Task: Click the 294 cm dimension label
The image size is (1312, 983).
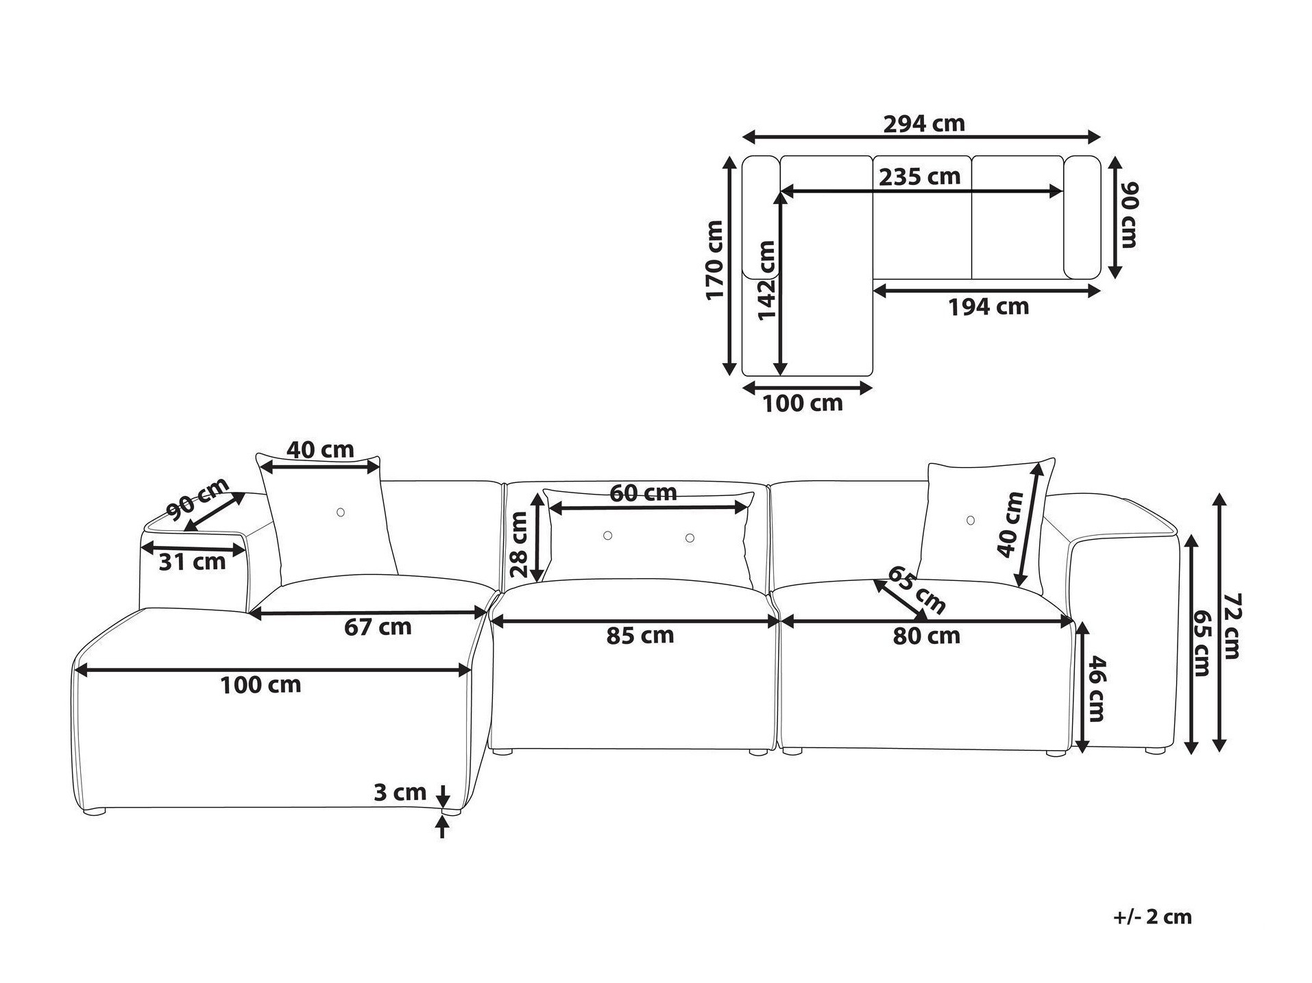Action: click(923, 124)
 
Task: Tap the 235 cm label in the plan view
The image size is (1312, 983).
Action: click(919, 177)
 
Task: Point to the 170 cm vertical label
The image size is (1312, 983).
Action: click(714, 260)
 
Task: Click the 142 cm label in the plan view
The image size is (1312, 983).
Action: click(766, 280)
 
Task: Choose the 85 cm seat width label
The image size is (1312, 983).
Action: click(640, 636)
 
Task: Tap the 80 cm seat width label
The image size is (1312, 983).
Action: click(926, 636)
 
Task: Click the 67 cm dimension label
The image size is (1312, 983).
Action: click(378, 626)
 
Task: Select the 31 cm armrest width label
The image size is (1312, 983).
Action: click(192, 562)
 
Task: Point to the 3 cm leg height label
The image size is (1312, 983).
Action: click(400, 793)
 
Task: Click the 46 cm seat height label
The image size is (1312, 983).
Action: click(1096, 688)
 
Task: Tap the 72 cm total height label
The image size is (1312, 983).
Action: click(1232, 625)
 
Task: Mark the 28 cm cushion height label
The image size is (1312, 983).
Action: click(519, 545)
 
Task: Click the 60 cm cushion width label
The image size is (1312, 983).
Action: click(643, 493)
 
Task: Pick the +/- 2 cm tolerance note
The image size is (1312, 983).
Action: click(1153, 917)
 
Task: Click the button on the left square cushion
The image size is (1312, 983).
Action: click(341, 512)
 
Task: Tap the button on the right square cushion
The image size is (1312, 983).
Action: click(970, 521)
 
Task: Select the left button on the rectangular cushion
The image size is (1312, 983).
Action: click(607, 536)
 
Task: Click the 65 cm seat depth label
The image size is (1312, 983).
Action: click(916, 590)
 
